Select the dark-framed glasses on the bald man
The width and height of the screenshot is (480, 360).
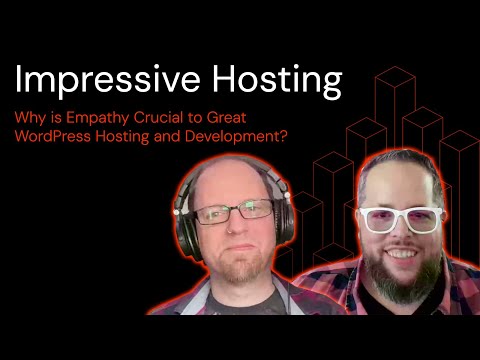pos(233,212)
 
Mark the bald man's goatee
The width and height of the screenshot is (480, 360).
pos(237,268)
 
